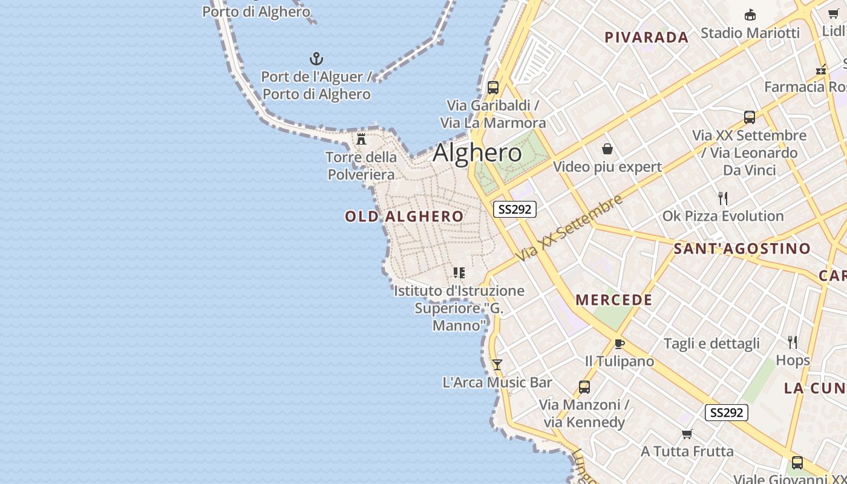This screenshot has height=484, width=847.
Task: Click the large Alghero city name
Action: pos(477,152)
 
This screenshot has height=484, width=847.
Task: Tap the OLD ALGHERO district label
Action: pos(404,217)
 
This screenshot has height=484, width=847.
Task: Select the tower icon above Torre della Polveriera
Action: pos(361,139)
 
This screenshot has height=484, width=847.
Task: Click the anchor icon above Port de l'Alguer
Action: pos(316,59)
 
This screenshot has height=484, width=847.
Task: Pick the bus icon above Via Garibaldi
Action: pos(493,87)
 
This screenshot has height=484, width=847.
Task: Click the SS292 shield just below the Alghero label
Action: pos(514,209)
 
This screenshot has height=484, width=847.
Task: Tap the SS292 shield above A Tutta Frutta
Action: pos(726,413)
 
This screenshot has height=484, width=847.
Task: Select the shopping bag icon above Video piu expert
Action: pos(607,149)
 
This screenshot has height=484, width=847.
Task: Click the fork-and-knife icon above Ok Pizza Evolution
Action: pos(722,198)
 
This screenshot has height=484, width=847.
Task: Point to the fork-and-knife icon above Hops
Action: pos(793,342)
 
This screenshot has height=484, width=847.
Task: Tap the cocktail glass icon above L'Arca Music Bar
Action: pos(497,364)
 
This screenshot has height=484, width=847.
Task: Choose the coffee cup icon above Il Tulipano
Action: pos(619,344)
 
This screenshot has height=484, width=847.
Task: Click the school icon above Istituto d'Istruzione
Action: pos(459,273)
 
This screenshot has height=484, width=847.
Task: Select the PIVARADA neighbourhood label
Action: pos(647,38)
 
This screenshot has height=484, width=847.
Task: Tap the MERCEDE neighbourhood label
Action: pos(613,300)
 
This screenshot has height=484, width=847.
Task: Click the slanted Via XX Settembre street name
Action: pos(569,228)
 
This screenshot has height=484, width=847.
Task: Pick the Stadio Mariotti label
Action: pos(750,33)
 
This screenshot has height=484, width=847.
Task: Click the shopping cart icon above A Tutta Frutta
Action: pos(687,434)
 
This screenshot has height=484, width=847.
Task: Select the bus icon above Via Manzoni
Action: pos(584,387)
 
